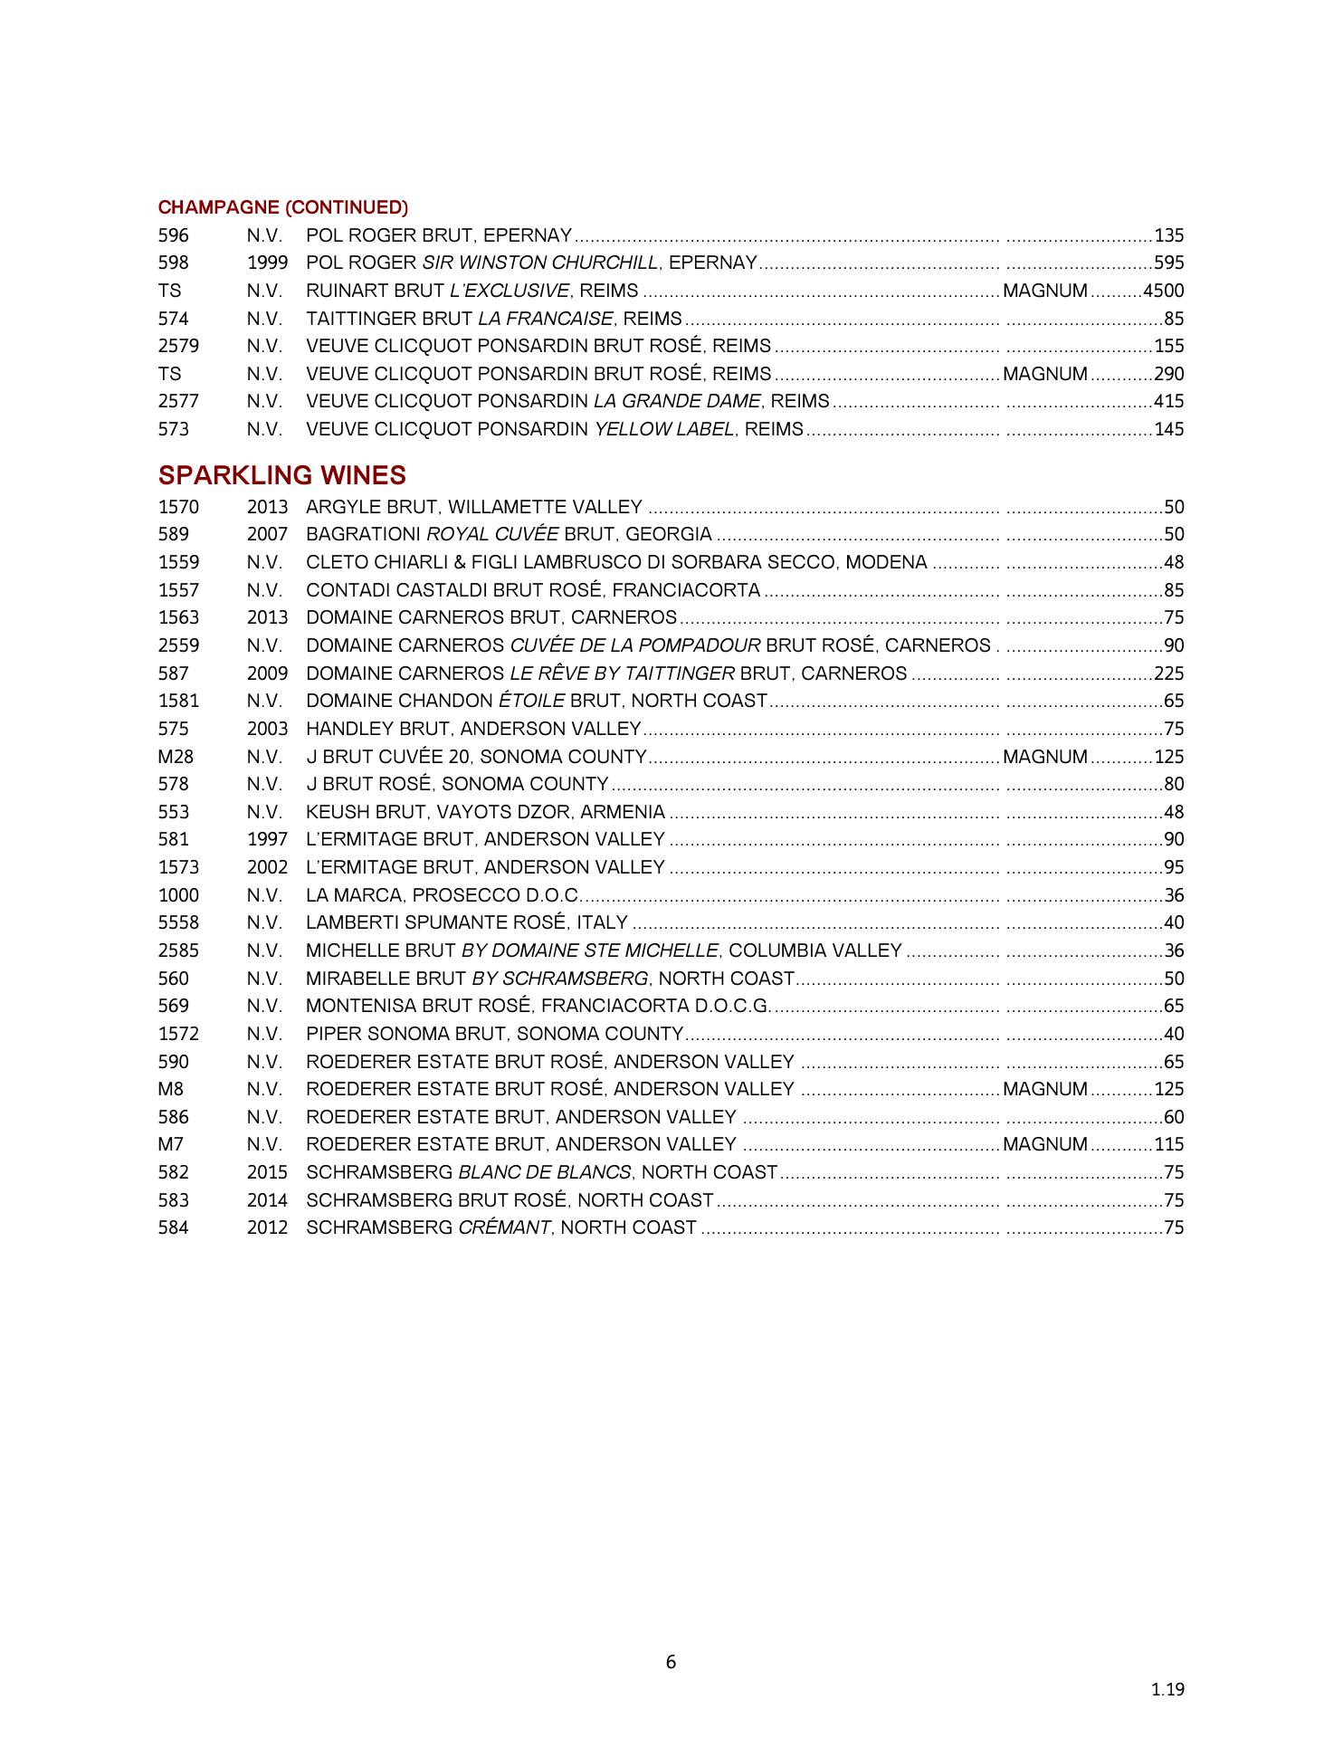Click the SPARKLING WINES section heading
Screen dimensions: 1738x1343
click(x=281, y=475)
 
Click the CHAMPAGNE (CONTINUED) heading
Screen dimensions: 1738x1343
click(x=282, y=207)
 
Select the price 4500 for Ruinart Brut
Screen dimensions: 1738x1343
click(x=1163, y=291)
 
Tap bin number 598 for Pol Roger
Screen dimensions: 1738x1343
click(x=173, y=263)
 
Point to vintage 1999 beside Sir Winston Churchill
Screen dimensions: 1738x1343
click(x=267, y=263)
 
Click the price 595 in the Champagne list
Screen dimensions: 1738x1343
click(x=1168, y=263)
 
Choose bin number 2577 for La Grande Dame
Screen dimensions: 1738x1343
click(x=178, y=401)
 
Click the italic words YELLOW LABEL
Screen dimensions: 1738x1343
click(x=662, y=429)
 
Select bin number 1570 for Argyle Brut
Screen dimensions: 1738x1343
click(x=178, y=507)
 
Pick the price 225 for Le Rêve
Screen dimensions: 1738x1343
click(x=1168, y=673)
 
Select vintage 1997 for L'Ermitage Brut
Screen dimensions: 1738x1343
click(x=267, y=840)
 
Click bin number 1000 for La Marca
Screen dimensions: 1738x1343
click(x=178, y=895)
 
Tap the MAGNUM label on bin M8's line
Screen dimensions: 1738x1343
click(x=1045, y=1089)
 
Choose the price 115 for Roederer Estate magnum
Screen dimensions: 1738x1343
click(x=1168, y=1144)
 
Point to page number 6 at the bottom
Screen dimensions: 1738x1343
click(x=671, y=1662)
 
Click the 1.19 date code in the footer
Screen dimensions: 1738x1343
click(x=1167, y=1689)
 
